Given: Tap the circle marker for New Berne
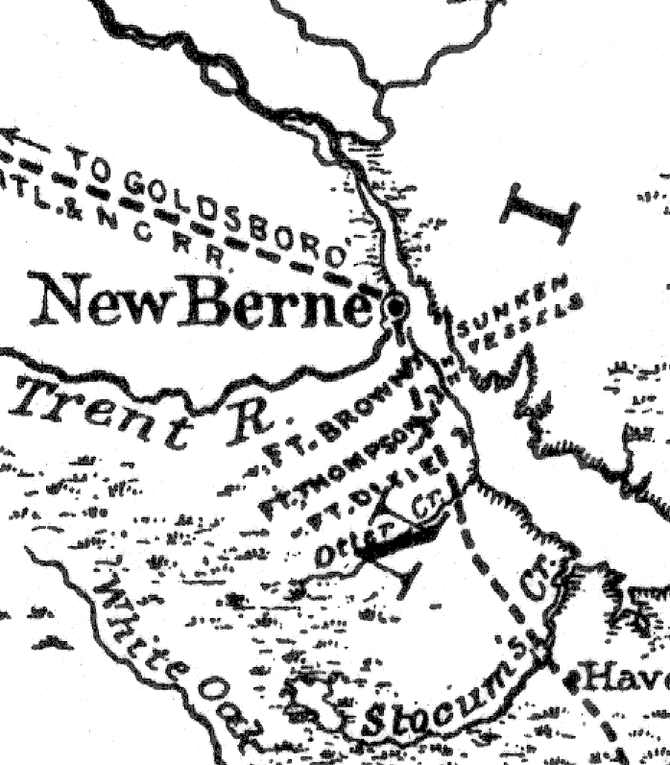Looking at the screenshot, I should coord(394,308).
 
